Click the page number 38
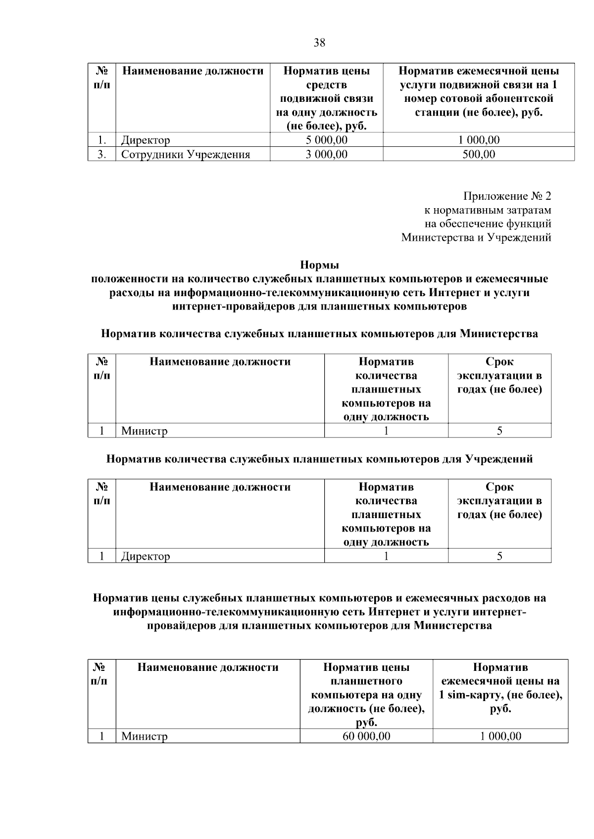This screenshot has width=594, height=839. point(319,43)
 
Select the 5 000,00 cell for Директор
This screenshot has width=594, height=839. point(327,140)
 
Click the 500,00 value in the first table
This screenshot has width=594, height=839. point(479,154)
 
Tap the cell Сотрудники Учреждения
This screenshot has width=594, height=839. point(186,155)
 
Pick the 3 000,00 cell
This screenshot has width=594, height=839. point(327,154)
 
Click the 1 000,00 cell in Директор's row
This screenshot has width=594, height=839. point(479,140)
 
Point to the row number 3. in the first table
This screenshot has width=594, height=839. point(101,154)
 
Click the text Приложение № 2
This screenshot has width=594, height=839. point(507,196)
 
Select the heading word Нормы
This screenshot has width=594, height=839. point(319,265)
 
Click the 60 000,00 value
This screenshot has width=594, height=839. point(366,736)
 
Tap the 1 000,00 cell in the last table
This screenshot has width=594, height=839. point(500,736)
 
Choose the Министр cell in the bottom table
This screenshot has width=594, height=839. point(145,737)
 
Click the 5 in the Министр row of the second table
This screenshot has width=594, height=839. point(499,431)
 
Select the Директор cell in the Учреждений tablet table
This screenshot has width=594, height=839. point(146,556)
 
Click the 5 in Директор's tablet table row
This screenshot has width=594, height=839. point(499,556)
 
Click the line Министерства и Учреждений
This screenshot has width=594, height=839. point(476,238)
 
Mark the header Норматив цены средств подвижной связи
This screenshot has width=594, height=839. point(327,98)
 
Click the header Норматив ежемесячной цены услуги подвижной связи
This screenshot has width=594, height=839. point(479,91)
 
